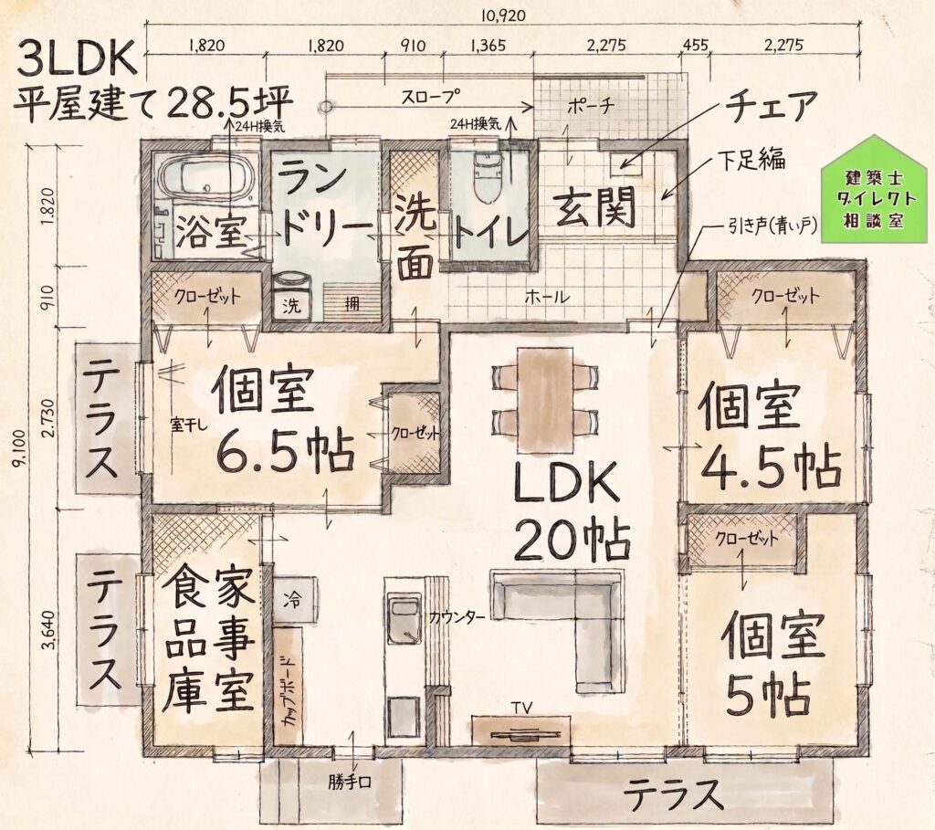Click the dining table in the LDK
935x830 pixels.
pos(545,401)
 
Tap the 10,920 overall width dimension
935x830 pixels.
pos(504,16)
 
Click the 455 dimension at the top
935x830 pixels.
pos(695,46)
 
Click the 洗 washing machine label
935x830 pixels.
pos(291,306)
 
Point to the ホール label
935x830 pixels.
pos(548,297)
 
